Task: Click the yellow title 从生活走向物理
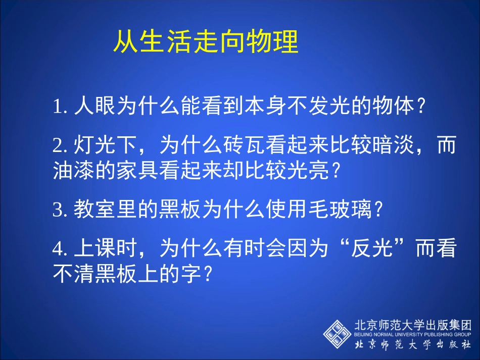point(205,42)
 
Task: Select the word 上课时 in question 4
point(105,248)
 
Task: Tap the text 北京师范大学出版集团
point(412,325)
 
